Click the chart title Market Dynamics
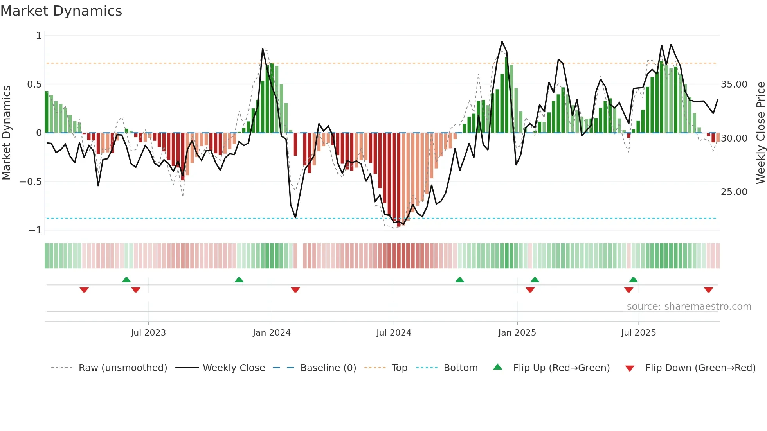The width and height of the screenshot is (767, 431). click(x=61, y=11)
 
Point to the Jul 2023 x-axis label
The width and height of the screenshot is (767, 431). click(x=148, y=333)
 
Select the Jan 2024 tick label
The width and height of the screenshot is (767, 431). click(x=272, y=333)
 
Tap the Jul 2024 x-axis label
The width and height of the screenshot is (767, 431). click(x=394, y=333)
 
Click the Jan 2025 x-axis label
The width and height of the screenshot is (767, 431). click(x=517, y=333)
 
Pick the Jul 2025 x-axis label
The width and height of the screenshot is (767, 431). click(x=638, y=333)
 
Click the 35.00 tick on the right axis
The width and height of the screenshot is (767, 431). click(x=734, y=84)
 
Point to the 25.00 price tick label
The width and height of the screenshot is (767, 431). click(x=734, y=192)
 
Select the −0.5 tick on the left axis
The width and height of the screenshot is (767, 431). click(x=31, y=182)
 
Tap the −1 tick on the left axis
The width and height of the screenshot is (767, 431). click(x=35, y=230)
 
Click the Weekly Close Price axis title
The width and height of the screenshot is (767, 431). click(x=760, y=133)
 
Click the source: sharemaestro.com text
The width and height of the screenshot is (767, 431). click(x=689, y=307)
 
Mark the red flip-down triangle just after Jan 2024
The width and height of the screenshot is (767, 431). click(x=295, y=290)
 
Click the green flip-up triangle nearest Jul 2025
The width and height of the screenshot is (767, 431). click(x=633, y=280)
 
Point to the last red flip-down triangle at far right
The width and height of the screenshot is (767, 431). click(x=708, y=290)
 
